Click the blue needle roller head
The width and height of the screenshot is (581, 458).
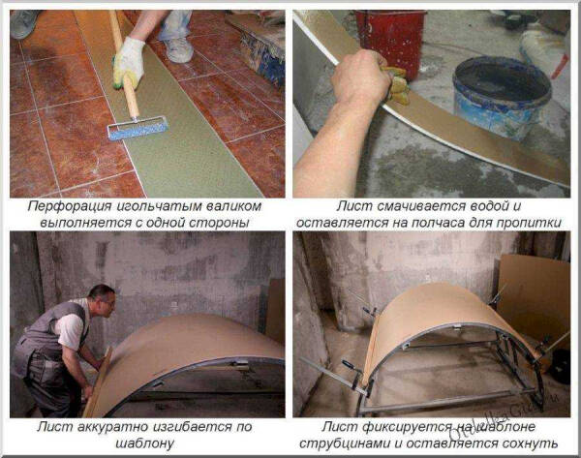point(138,129)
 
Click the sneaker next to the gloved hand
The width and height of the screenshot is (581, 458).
point(178,49)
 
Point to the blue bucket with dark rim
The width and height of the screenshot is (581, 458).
point(502,96)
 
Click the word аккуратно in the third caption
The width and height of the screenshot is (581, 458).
point(112,427)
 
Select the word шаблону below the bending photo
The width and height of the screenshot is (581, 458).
point(145,443)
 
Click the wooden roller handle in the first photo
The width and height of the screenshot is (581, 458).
point(124,63)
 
